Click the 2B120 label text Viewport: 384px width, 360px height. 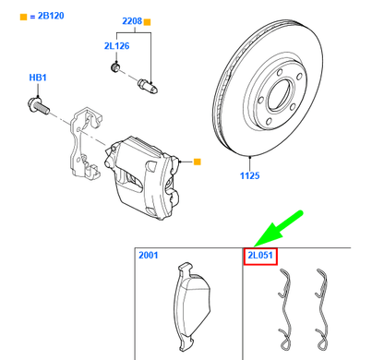pyautogui.click(x=42, y=18)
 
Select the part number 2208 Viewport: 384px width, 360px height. pyautogui.click(x=134, y=19)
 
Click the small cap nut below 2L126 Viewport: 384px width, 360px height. pyautogui.click(x=114, y=67)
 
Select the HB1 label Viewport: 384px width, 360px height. pyautogui.click(x=39, y=79)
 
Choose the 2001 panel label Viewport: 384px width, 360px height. pyautogui.click(x=149, y=255)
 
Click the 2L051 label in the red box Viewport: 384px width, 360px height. pyautogui.click(x=260, y=255)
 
